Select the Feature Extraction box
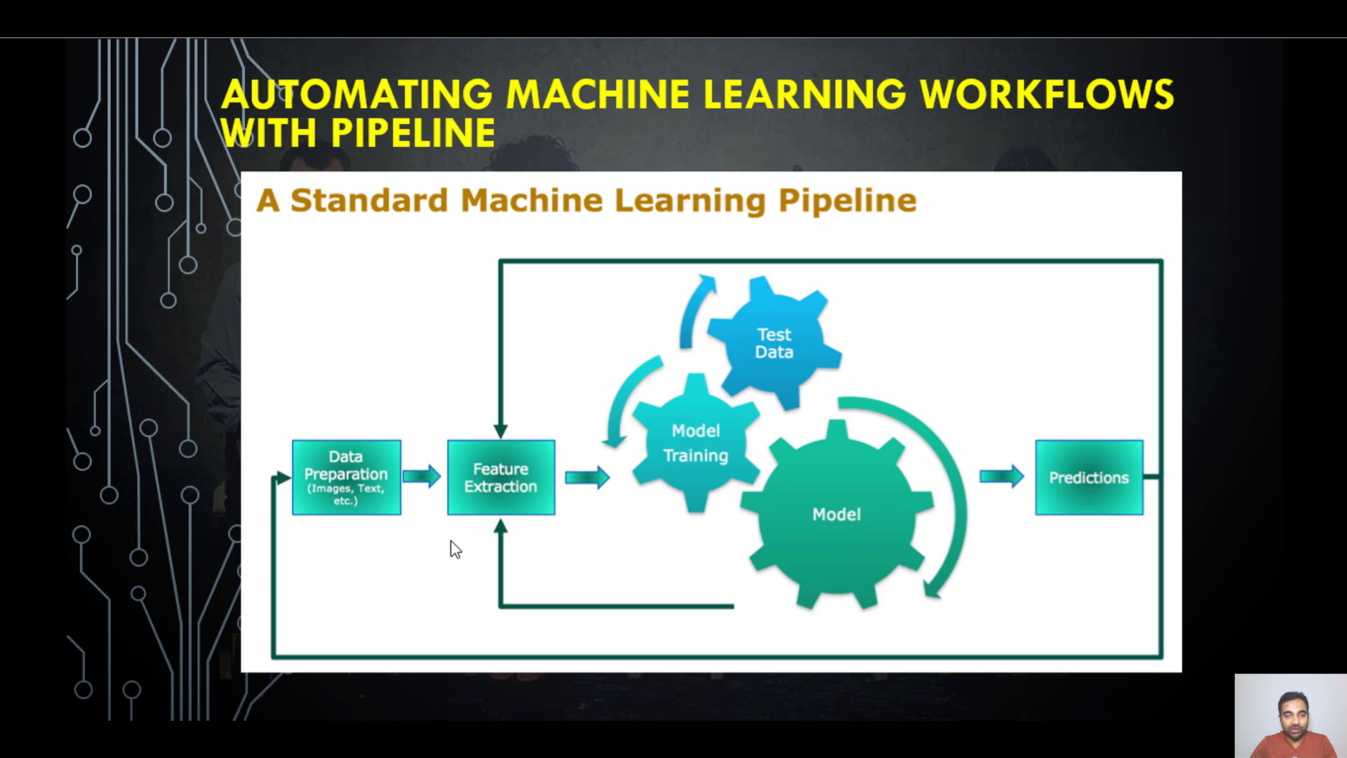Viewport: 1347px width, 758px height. point(501,477)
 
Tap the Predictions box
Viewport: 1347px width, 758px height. point(1089,477)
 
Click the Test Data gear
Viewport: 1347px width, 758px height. point(775,343)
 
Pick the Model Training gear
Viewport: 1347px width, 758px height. point(695,443)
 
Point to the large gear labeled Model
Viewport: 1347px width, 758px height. point(836,514)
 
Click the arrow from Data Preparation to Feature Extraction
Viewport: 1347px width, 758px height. point(422,477)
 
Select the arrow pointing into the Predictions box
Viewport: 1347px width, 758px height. point(1002,477)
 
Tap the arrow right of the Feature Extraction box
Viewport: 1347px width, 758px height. point(587,477)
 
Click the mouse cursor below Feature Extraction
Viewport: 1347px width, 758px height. point(455,549)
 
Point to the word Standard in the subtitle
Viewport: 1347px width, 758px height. point(369,201)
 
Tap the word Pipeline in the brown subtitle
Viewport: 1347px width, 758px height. point(847,201)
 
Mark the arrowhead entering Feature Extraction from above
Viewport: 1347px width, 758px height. point(501,430)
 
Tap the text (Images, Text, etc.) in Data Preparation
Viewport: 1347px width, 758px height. point(346,494)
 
